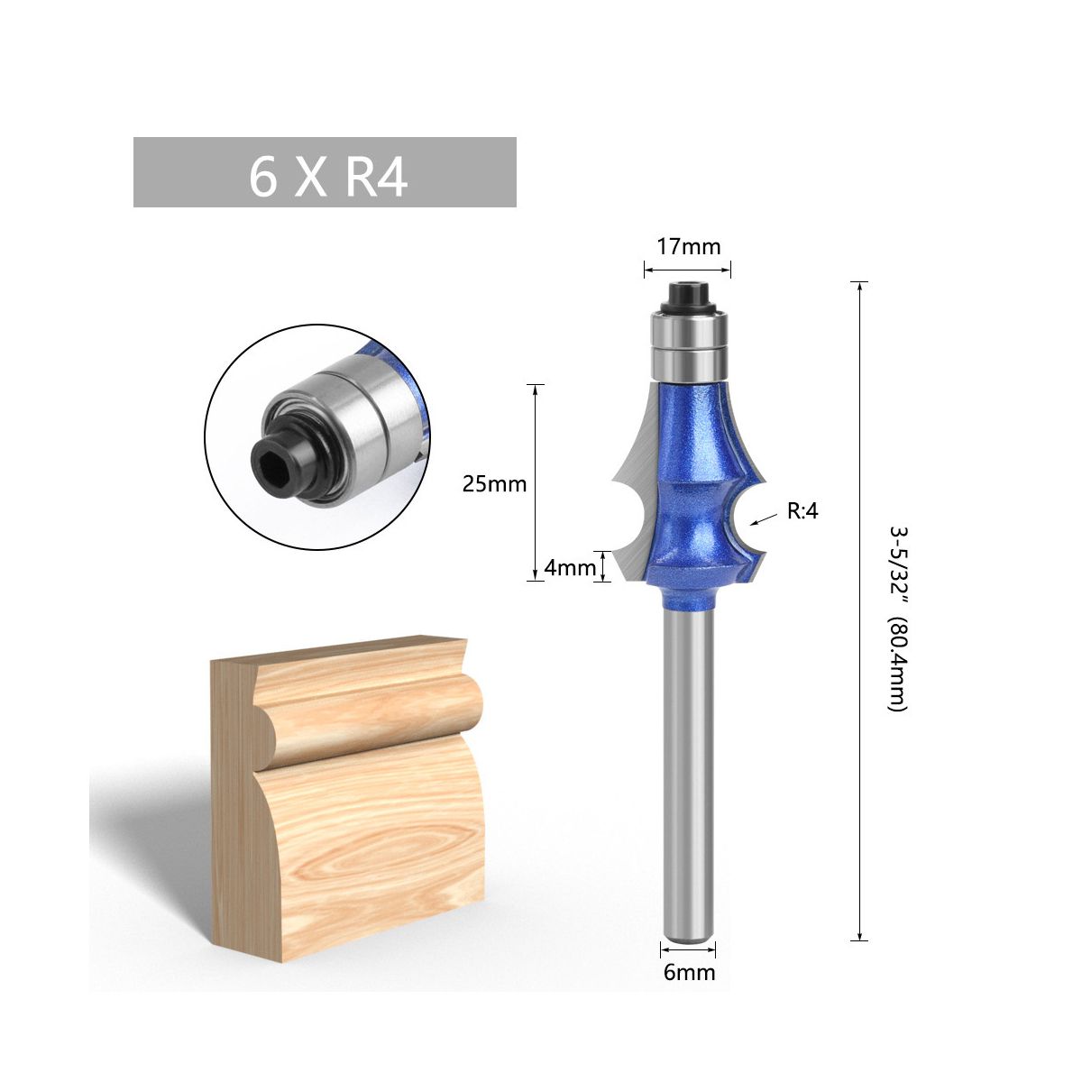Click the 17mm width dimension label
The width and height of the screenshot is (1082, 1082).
click(688, 247)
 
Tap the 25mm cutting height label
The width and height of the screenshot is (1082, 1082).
click(494, 483)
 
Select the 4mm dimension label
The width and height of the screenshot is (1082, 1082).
click(569, 568)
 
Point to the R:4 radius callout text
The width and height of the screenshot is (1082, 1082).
click(802, 511)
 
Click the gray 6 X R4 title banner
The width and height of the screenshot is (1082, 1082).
click(325, 172)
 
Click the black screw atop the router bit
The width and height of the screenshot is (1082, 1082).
click(689, 298)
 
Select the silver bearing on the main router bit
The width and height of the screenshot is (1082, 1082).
click(689, 346)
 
